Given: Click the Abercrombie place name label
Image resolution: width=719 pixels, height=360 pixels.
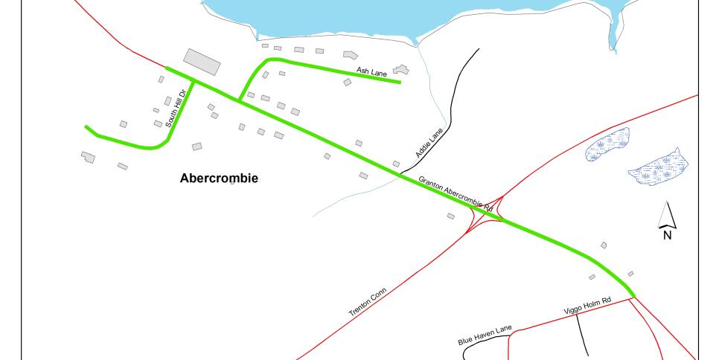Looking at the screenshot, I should (x=219, y=179).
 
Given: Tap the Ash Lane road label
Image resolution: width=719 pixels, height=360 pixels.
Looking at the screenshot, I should (x=372, y=71).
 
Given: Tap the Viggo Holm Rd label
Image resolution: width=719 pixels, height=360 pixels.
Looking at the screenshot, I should (x=585, y=305).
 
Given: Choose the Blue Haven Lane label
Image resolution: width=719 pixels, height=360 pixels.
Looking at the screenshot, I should (x=485, y=336).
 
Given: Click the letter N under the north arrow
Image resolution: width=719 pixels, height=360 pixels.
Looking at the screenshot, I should (x=668, y=235).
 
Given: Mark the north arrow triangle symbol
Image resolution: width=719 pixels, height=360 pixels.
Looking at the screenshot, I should (x=668, y=215).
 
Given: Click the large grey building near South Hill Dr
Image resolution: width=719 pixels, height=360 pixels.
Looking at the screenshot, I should (x=202, y=61).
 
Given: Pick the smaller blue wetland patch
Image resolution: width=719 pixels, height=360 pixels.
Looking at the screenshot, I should (x=607, y=144).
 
